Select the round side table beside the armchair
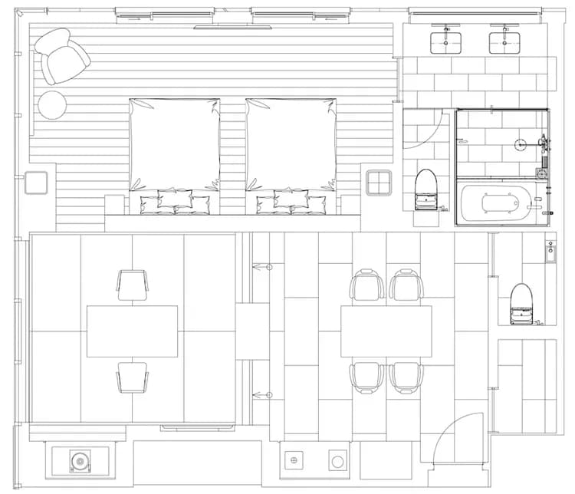click(x=53, y=105)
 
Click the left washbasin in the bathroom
click(x=445, y=42)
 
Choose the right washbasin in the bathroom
click(x=504, y=42)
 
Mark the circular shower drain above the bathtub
click(x=520, y=143)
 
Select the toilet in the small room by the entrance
click(x=521, y=301)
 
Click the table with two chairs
click(x=132, y=331)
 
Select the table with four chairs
click(x=385, y=331)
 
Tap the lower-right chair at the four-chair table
click(x=406, y=377)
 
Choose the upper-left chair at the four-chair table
click(x=366, y=285)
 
